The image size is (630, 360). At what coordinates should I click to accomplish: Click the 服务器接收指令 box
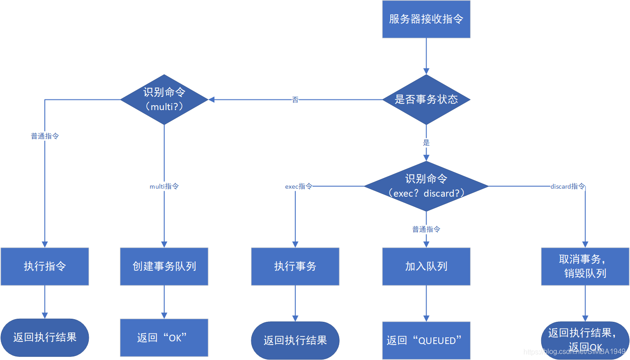pos(426,19)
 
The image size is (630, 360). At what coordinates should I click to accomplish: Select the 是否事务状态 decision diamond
pos(426,99)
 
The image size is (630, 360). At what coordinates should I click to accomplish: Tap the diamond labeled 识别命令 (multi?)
pos(164,99)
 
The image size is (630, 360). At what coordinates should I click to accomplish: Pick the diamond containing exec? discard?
pos(426,186)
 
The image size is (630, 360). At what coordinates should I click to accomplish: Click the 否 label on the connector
pos(295,100)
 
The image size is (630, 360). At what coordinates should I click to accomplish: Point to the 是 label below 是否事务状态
pos(426,143)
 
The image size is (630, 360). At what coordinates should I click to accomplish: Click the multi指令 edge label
pos(164,186)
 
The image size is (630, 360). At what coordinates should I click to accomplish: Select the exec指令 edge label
pos(298,186)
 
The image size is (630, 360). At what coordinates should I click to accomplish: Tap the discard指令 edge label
pos(567,186)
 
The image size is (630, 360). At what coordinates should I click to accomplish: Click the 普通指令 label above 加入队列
pos(426,229)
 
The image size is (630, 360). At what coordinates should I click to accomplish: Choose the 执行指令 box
pos(45,266)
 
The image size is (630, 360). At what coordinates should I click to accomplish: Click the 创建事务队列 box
pos(164,266)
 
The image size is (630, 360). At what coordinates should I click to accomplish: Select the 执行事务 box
pos(295,266)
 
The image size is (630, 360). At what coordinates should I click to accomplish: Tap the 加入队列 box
pos(426,266)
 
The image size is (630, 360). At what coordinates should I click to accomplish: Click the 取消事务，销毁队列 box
pos(585,266)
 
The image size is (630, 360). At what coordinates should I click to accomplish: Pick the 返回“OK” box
pos(164,338)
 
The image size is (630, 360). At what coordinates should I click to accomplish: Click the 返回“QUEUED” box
pos(426,340)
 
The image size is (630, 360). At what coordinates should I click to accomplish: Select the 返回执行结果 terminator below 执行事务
pos(295,340)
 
